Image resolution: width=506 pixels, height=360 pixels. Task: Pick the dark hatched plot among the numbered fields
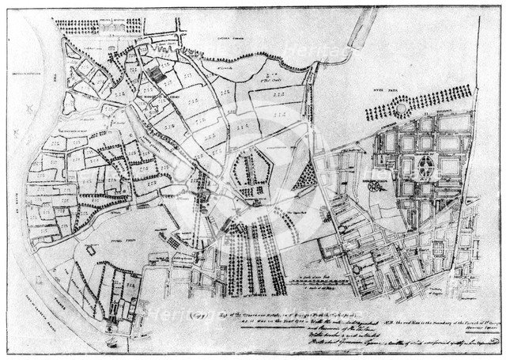[x=159, y=75]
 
